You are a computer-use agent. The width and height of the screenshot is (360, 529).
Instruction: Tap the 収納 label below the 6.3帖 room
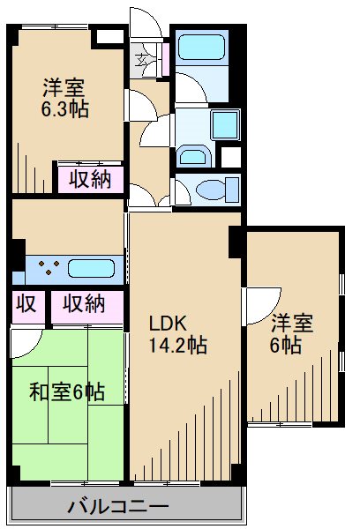[x=90, y=178]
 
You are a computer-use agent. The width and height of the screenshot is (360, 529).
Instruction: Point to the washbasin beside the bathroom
[x=191, y=156]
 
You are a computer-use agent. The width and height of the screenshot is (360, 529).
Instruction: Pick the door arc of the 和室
[x=26, y=339]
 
